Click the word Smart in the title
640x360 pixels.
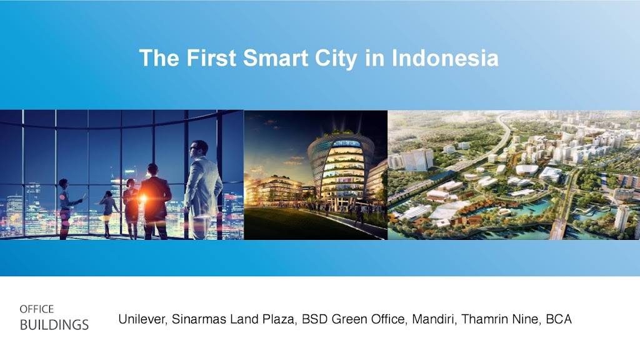pyautogui.click(x=276, y=58)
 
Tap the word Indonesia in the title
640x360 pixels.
pyautogui.click(x=445, y=58)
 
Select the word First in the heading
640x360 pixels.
pyautogui.click(x=211, y=58)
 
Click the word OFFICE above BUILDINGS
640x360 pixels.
pyautogui.click(x=37, y=309)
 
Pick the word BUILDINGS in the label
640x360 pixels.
pyautogui.click(x=54, y=325)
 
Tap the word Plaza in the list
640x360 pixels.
pyautogui.click(x=280, y=319)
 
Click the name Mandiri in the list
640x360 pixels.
pyautogui.click(x=434, y=319)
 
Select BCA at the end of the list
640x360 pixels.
pyautogui.click(x=559, y=319)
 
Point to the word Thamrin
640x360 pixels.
pyautogui.click(x=484, y=319)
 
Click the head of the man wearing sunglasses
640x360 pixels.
pyautogui.click(x=199, y=149)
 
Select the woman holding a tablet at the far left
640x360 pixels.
pyautogui.click(x=66, y=208)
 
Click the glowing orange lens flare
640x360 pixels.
pyautogui.click(x=143, y=199)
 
